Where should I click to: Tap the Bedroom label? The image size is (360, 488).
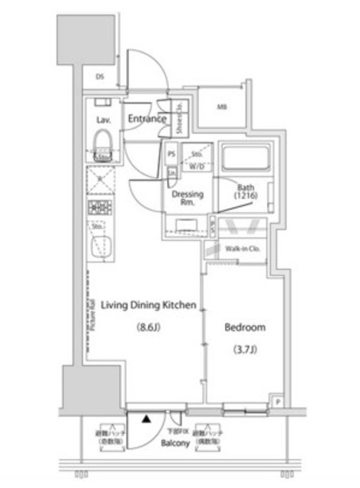tap(244, 328)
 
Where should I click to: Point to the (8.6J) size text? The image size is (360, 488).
tap(148, 328)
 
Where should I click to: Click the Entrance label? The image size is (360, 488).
tap(146, 119)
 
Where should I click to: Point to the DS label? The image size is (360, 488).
tap(100, 76)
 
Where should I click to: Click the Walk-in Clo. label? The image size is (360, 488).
tap(243, 249)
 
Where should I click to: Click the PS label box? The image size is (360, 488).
tap(172, 152)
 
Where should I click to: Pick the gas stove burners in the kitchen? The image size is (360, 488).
tap(101, 207)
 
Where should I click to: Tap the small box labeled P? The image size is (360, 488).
tap(278, 402)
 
